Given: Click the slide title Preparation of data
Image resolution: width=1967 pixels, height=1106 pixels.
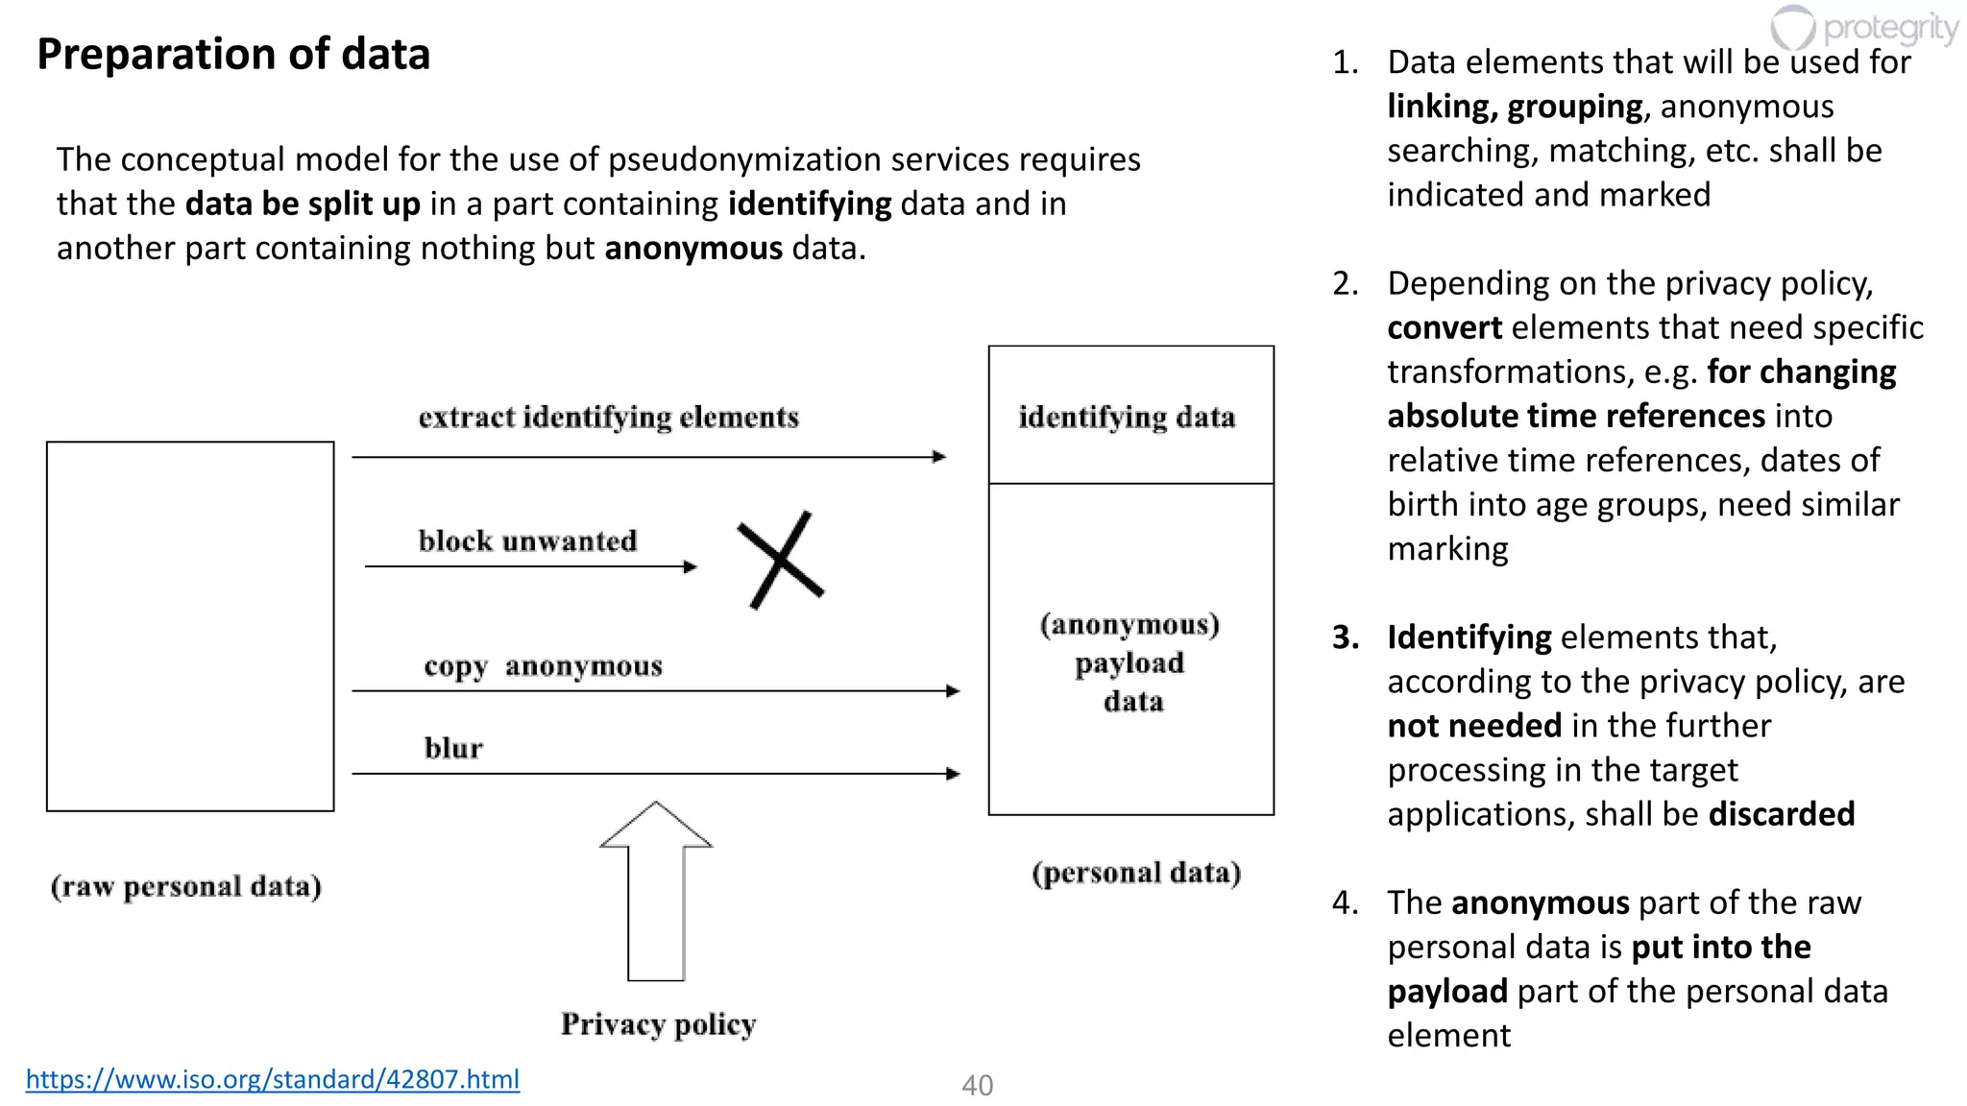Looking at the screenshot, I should (233, 54).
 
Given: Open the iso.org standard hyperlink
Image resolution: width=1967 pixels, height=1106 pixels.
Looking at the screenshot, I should (272, 1079).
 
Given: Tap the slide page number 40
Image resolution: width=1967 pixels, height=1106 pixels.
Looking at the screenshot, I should (977, 1085).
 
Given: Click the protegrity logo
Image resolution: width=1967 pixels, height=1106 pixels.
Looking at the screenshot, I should (1863, 29).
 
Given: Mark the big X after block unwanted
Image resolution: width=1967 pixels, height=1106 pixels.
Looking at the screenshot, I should (781, 560).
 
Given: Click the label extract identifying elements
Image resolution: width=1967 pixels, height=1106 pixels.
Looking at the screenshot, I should (608, 418).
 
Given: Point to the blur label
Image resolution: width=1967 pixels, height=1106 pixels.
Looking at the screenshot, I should (453, 748).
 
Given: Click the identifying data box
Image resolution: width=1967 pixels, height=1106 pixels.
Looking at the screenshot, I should (1130, 416).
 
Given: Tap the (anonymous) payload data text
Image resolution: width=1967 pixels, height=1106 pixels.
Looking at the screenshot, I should (1130, 662).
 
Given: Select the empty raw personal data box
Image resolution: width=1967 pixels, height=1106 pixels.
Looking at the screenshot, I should (190, 626).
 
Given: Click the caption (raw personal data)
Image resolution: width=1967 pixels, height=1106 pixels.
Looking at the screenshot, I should (186, 886).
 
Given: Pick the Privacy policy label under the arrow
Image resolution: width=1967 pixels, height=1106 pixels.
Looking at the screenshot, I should (658, 1024).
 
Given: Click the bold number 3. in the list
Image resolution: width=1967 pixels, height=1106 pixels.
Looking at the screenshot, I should (1345, 637).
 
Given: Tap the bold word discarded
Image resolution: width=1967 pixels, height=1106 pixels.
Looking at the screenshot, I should (1782, 814).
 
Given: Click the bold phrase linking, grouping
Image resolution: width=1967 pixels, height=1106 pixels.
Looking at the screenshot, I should (1515, 107).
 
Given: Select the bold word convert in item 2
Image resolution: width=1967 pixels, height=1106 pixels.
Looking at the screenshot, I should (1444, 328).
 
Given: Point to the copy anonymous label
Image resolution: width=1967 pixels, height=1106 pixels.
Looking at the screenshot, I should (543, 666).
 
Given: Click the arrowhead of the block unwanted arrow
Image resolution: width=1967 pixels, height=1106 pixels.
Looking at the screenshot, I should (691, 566).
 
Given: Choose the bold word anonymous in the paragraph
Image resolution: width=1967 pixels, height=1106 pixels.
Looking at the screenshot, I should (693, 249).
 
